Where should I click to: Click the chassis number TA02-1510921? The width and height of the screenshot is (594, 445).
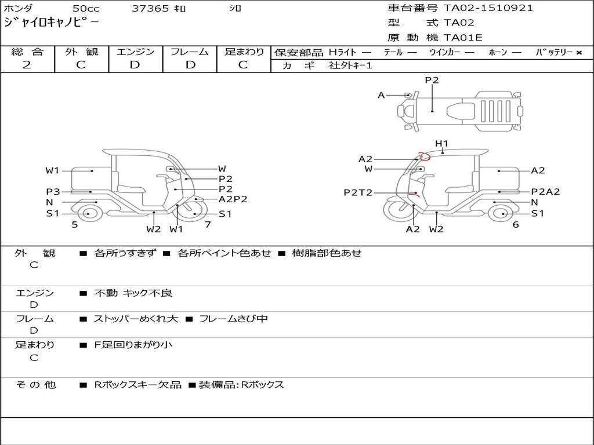[488, 8]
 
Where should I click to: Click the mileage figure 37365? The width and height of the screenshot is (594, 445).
[150, 8]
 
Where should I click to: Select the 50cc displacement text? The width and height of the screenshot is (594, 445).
[86, 8]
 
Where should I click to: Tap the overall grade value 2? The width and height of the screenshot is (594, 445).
[27, 65]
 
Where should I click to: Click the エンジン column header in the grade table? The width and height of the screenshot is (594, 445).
[135, 52]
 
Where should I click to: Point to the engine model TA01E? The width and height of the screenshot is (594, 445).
[463, 38]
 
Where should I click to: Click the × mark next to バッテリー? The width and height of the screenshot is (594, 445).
[579, 53]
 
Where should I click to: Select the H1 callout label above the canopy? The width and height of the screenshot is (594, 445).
[441, 144]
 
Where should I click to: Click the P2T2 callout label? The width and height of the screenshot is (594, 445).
[358, 192]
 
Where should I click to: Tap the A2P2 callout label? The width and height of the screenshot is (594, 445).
[233, 199]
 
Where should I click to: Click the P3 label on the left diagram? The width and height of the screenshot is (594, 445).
[53, 192]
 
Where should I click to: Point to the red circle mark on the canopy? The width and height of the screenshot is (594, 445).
[424, 156]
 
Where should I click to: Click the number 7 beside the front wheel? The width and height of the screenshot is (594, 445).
[208, 224]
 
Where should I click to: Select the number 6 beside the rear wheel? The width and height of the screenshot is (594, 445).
[516, 224]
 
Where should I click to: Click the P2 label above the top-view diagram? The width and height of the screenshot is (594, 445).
[432, 80]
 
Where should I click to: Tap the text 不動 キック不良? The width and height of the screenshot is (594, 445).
[133, 293]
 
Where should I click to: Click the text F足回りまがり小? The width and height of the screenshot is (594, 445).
[133, 345]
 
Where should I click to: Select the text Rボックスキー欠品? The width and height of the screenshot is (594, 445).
[138, 385]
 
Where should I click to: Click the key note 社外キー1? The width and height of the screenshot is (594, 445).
[350, 65]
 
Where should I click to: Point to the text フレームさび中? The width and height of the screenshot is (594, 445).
[233, 319]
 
